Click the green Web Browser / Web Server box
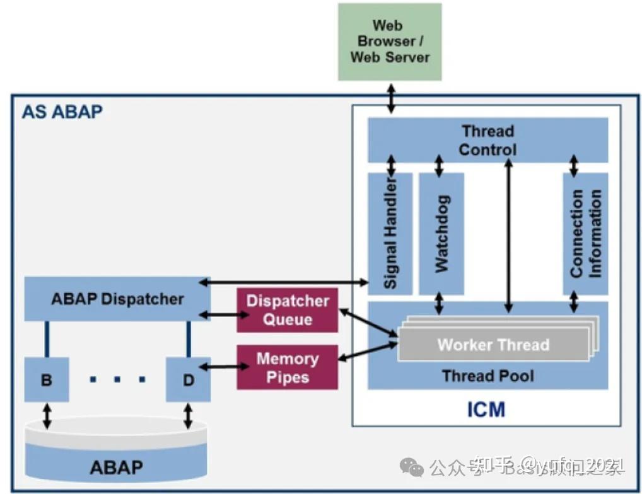point(390,42)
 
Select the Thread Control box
point(487,140)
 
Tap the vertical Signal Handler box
point(390,233)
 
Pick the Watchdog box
point(441,233)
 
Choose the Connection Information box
point(585,233)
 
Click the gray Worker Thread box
point(493,345)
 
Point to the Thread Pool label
point(487,376)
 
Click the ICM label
point(486,410)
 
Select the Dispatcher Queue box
point(287,309)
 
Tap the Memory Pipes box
point(287,368)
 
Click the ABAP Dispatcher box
point(117,299)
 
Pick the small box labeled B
point(47,380)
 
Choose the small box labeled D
point(188,380)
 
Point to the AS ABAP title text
point(62,112)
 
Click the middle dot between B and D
point(117,379)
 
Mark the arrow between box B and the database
point(47,416)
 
